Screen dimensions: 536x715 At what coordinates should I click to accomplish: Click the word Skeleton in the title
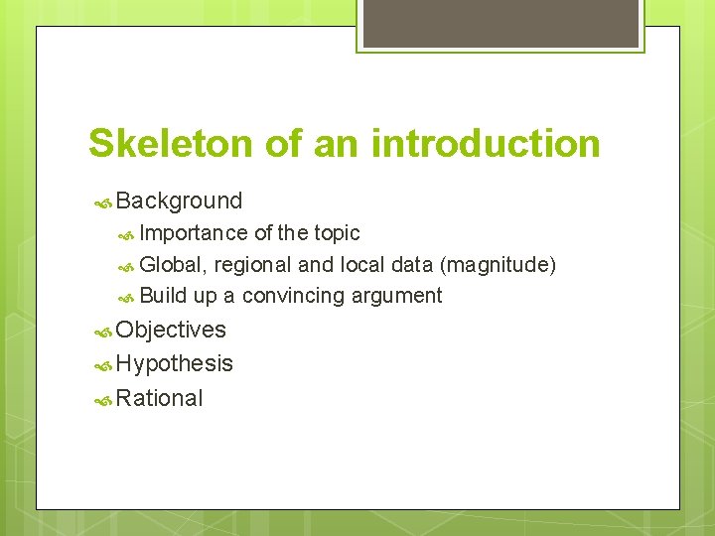click(x=171, y=143)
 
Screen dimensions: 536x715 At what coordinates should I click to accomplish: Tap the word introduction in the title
click(x=486, y=143)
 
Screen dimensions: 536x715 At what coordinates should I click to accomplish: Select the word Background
click(x=179, y=201)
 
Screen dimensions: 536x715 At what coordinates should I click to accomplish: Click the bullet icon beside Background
click(x=102, y=202)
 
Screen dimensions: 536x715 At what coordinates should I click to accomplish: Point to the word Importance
click(x=194, y=233)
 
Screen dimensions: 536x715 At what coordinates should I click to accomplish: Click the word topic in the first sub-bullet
click(x=337, y=233)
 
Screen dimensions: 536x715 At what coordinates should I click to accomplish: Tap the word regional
click(x=252, y=265)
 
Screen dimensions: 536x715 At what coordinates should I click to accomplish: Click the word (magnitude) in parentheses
click(x=498, y=265)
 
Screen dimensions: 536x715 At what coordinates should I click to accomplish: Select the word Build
click(x=163, y=296)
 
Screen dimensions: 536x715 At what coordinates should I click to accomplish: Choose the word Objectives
click(x=171, y=330)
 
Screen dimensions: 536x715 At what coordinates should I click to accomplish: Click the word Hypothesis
click(x=175, y=364)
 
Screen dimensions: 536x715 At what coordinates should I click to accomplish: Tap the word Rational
click(x=159, y=398)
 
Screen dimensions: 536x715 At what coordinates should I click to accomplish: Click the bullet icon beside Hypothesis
click(x=102, y=365)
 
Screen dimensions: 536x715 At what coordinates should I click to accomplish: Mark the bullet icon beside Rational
click(x=102, y=400)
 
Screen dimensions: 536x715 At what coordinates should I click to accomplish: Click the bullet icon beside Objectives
click(x=102, y=332)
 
